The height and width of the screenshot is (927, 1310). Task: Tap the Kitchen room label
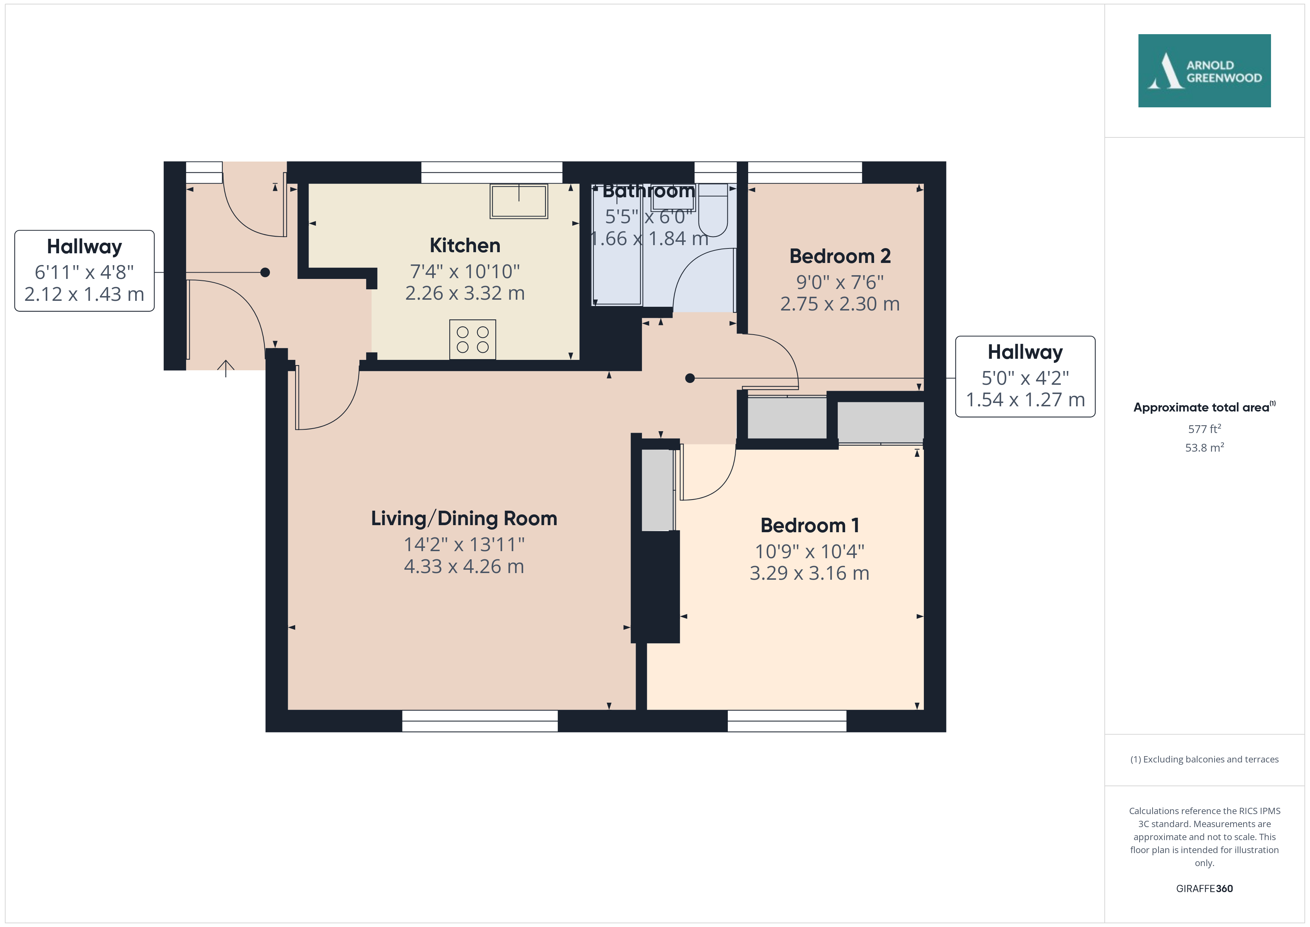click(x=465, y=245)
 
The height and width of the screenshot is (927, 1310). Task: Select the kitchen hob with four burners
click(x=472, y=339)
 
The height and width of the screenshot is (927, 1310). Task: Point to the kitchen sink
click(x=519, y=201)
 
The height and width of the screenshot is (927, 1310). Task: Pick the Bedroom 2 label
click(x=840, y=256)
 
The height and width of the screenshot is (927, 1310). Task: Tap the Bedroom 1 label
click(x=809, y=525)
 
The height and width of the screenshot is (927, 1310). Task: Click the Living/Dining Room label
click(x=464, y=518)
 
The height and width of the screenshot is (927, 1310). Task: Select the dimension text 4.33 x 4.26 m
click(x=464, y=566)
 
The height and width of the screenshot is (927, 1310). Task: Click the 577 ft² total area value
click(x=1205, y=428)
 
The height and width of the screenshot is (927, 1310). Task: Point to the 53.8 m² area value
click(x=1205, y=448)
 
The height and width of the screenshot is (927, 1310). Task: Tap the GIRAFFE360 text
click(x=1205, y=888)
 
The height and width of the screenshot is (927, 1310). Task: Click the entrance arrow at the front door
click(x=226, y=368)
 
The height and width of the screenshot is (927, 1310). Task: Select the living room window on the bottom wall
click(x=480, y=721)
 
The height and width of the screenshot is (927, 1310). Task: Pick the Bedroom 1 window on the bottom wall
click(x=787, y=721)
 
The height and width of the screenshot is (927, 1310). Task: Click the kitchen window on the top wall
click(x=492, y=172)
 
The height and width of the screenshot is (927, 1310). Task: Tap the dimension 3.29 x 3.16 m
click(x=809, y=573)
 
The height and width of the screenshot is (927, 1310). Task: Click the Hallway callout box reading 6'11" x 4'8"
click(x=84, y=271)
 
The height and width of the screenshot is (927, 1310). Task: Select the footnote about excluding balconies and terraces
click(x=1205, y=759)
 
